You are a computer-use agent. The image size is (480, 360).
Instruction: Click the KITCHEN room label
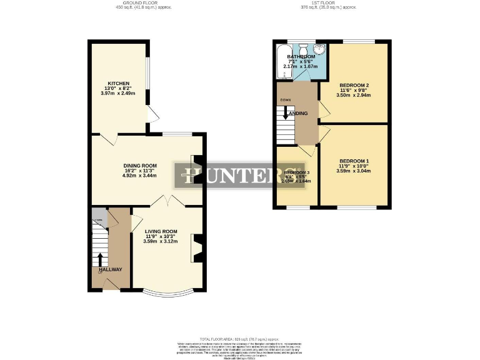coord(118,83)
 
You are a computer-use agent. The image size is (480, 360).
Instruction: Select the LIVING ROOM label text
coord(161,231)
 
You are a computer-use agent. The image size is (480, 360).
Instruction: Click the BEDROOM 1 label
coord(354,161)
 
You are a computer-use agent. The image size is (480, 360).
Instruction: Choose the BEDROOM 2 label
coord(354,85)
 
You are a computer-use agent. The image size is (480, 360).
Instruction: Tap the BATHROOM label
coord(301,57)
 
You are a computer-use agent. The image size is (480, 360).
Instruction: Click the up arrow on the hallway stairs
coord(99,258)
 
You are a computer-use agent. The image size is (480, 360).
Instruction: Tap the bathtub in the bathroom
coord(281,62)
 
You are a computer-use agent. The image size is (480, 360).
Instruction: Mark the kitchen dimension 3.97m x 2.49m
coord(118,94)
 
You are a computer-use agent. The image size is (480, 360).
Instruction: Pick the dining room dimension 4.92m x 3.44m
coord(139,176)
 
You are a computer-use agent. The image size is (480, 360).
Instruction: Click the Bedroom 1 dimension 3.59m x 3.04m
coord(354,171)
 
